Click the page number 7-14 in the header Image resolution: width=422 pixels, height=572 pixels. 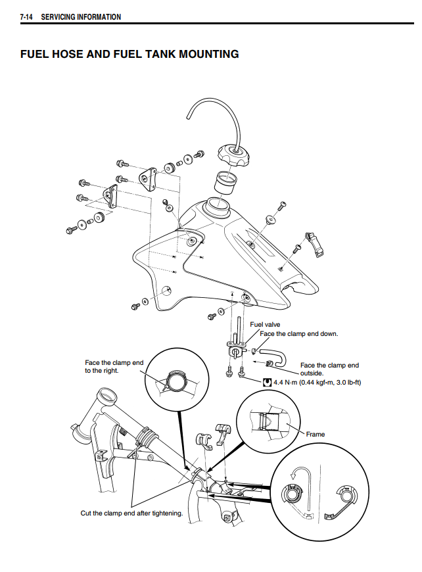[26, 16]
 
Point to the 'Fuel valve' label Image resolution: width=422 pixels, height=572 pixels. [265, 324]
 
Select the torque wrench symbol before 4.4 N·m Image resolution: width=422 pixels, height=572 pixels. [267, 381]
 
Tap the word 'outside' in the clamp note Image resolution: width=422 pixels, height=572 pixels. [312, 373]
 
